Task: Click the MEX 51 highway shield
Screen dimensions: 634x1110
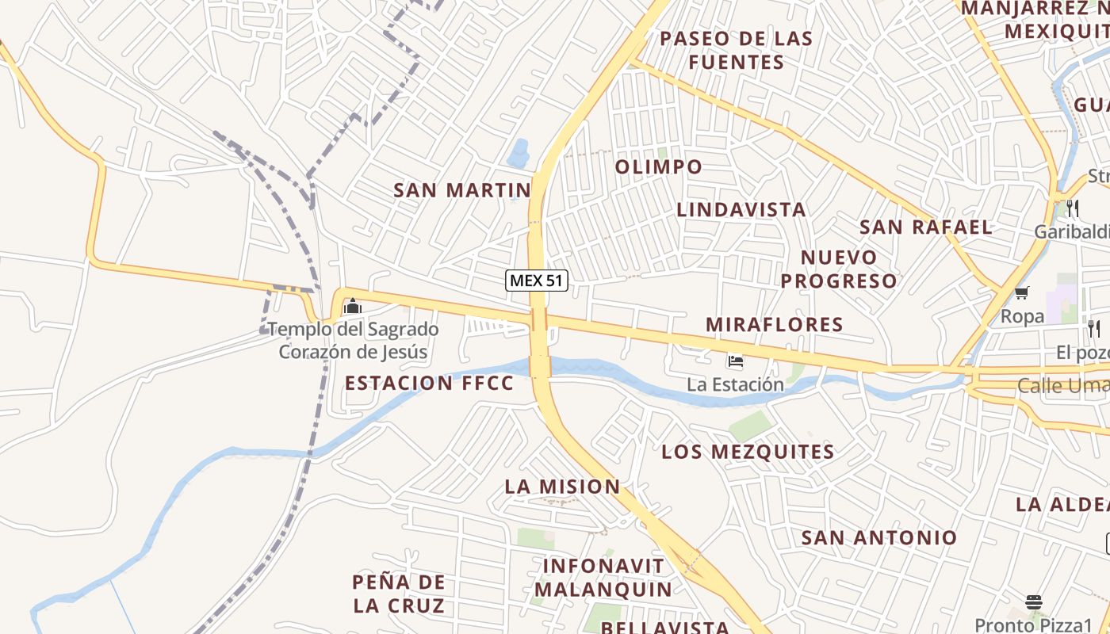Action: click(x=537, y=280)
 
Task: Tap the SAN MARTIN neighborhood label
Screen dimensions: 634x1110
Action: click(x=462, y=190)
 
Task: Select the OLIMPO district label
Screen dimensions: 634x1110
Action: click(x=658, y=166)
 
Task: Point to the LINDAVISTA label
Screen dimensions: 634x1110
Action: click(x=741, y=209)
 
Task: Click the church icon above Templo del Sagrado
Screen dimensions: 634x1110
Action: click(x=352, y=306)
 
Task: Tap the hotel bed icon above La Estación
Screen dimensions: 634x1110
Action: click(x=735, y=361)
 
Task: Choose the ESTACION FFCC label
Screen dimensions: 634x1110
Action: click(x=429, y=384)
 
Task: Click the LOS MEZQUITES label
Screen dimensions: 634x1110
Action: click(x=748, y=452)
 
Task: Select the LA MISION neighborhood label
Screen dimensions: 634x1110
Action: click(x=562, y=487)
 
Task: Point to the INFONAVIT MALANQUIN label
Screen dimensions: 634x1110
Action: click(x=603, y=578)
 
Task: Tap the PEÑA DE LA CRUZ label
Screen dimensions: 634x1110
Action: click(x=398, y=594)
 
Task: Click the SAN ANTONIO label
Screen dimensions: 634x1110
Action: click(x=878, y=537)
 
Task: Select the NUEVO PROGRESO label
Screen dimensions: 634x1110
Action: click(x=839, y=269)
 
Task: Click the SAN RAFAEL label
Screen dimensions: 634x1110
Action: click(x=925, y=227)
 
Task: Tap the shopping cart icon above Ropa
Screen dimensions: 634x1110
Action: click(x=1022, y=293)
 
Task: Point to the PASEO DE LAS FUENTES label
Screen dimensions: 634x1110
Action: click(x=737, y=50)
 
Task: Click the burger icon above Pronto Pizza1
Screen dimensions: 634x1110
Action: click(x=1033, y=602)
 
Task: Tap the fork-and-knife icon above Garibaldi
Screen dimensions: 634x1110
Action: click(x=1072, y=208)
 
